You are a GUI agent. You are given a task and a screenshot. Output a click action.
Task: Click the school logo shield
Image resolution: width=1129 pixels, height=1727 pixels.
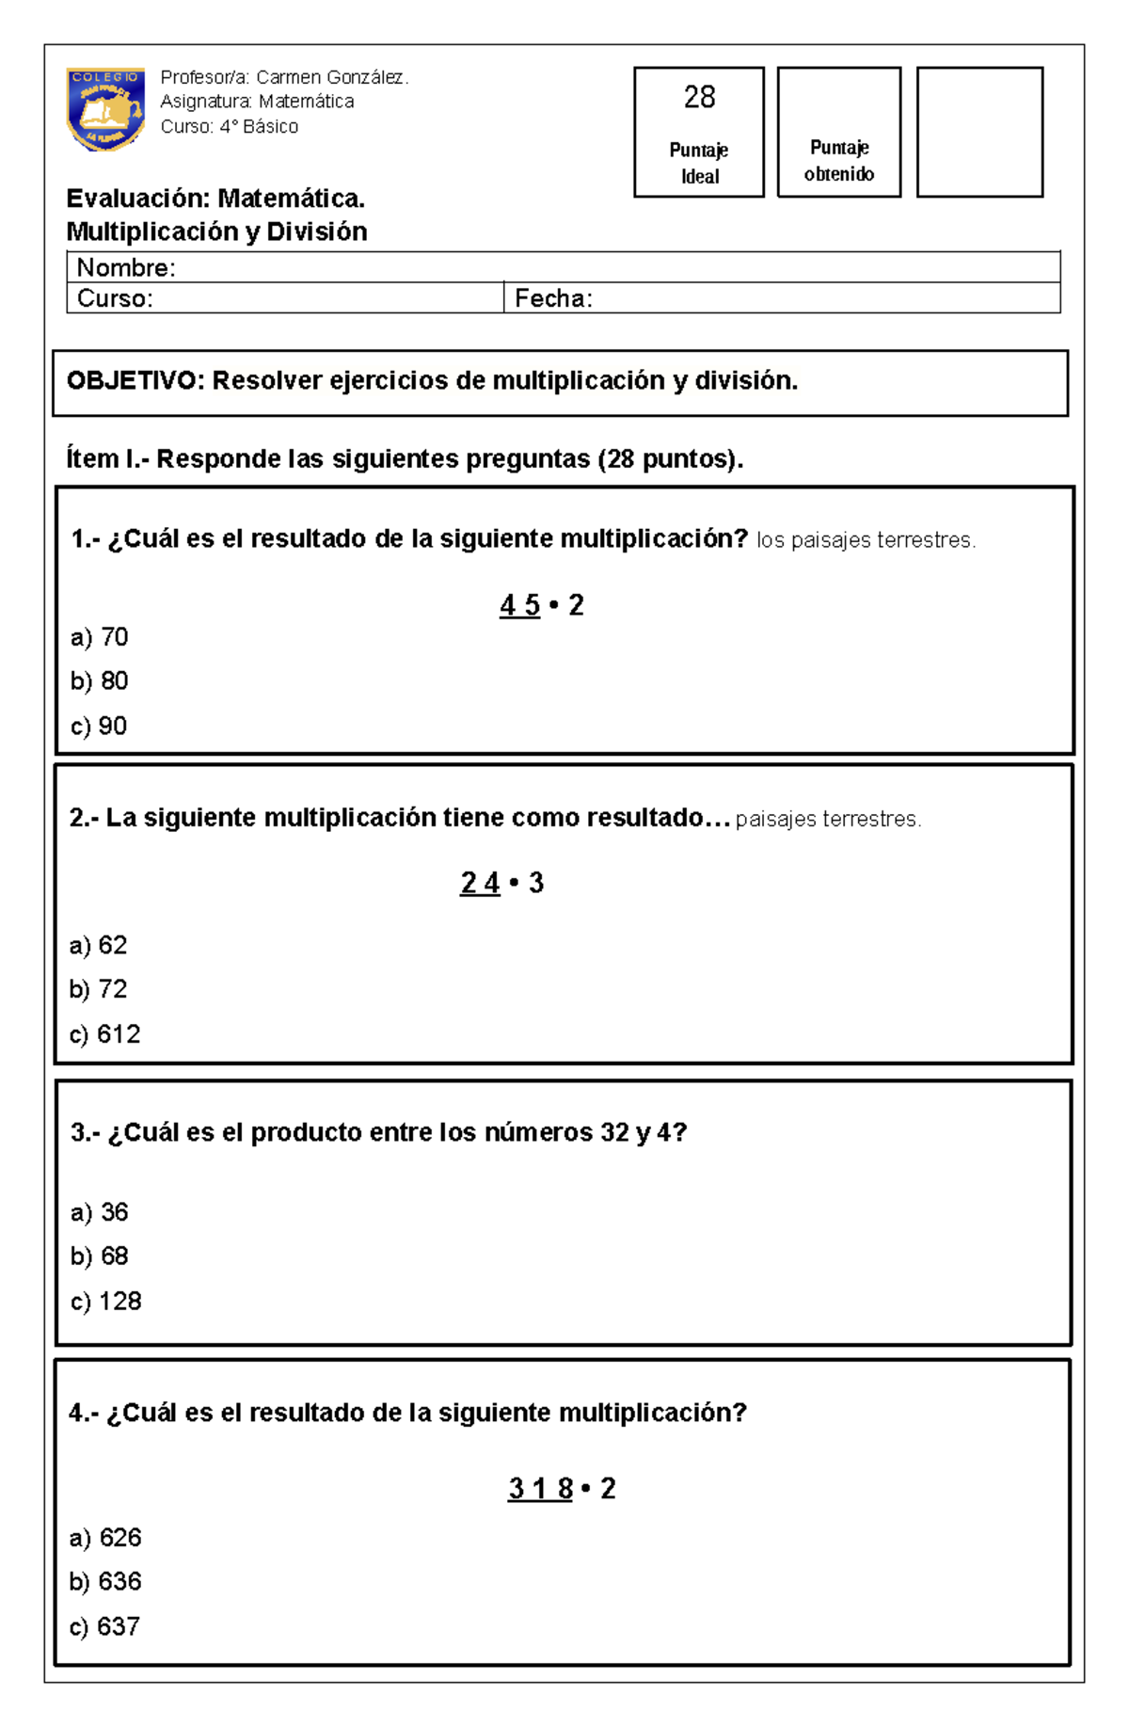tap(104, 108)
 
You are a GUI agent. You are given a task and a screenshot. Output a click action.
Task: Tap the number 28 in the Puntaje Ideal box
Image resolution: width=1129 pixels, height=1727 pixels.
tap(699, 97)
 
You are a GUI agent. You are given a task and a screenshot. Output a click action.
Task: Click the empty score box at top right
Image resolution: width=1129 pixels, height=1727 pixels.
tap(979, 132)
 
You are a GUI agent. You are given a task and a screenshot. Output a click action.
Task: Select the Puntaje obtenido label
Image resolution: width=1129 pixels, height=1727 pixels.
tap(839, 160)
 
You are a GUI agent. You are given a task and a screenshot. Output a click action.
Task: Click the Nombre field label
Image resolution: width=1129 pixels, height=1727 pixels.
tap(125, 268)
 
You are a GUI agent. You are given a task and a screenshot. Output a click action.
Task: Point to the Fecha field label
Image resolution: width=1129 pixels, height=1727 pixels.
tap(553, 298)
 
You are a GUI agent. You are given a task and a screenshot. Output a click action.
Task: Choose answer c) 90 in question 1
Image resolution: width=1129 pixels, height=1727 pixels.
tap(99, 726)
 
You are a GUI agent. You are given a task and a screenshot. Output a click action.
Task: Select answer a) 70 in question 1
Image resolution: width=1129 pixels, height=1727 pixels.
tap(99, 637)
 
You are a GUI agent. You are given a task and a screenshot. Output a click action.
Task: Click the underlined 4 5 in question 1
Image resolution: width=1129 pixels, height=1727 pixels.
tap(519, 605)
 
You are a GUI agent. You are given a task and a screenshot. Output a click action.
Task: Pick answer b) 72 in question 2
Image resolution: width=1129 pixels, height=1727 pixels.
tap(98, 989)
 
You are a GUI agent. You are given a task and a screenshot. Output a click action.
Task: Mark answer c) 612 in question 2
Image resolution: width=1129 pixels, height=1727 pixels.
tap(104, 1034)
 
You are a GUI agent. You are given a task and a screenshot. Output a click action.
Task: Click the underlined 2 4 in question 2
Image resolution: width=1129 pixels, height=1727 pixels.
tap(480, 883)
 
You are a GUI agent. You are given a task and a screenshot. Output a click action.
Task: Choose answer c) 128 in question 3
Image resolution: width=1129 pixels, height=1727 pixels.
tap(105, 1302)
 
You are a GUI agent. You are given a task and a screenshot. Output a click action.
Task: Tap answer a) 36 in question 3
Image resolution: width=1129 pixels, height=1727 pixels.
tap(99, 1212)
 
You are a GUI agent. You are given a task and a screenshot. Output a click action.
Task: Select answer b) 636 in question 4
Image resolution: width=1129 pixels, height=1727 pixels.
tap(105, 1582)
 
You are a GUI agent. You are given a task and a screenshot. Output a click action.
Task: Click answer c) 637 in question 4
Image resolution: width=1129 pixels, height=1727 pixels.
tap(104, 1627)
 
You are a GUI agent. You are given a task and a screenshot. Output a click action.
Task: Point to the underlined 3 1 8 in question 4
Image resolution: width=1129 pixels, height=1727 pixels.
tap(540, 1489)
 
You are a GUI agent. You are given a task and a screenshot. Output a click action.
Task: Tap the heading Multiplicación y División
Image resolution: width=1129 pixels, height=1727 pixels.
tap(216, 232)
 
